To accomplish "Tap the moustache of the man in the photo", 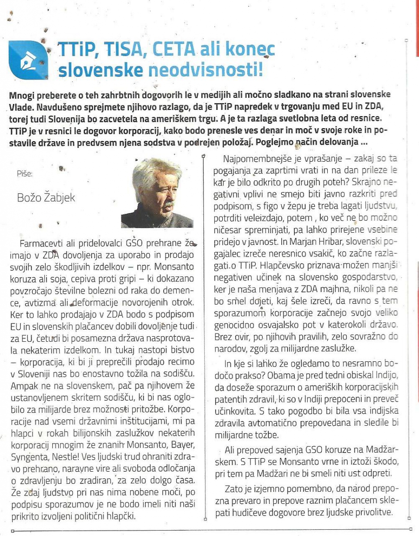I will (168, 205).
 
